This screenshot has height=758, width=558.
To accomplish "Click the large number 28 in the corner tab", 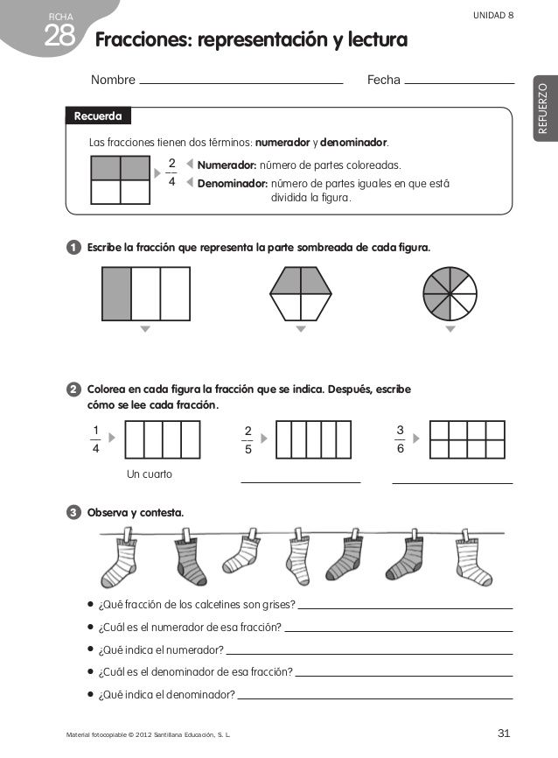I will [x=59, y=36].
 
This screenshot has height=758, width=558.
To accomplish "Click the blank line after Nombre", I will [x=241, y=82].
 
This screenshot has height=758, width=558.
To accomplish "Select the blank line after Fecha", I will [x=460, y=82].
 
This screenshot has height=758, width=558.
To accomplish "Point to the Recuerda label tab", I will [x=98, y=116].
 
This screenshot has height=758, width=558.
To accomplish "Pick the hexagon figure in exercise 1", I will [x=301, y=293].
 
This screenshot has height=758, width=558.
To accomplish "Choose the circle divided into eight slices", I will [x=450, y=292].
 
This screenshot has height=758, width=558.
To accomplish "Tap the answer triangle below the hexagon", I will [x=301, y=330].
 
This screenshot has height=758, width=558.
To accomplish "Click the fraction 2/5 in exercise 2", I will [x=248, y=440].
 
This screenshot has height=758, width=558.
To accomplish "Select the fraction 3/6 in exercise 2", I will [x=400, y=440].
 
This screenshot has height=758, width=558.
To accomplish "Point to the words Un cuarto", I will [x=150, y=474].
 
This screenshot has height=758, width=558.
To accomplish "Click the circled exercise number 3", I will [x=74, y=512].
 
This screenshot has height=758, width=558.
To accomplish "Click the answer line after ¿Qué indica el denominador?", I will [x=374, y=698].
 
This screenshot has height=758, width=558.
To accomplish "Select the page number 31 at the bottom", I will [x=504, y=733].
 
